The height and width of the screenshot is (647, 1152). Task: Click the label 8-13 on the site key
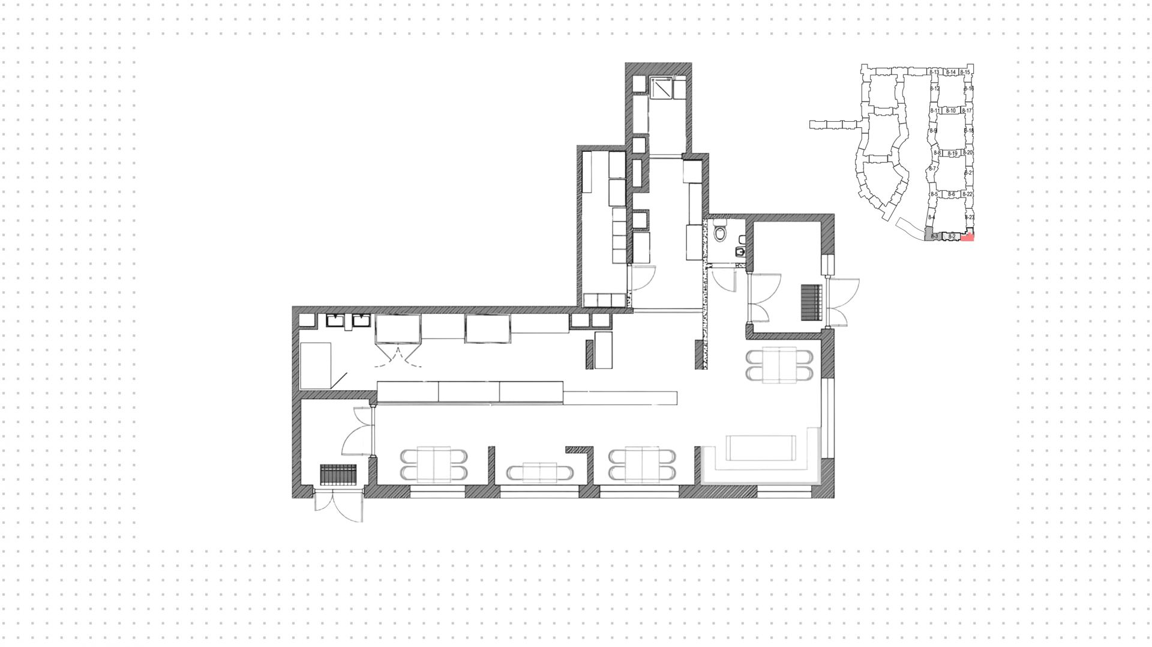click(x=934, y=73)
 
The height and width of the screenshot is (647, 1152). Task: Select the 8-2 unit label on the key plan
click(x=952, y=237)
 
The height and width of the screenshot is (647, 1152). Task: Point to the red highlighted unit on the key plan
click(x=967, y=238)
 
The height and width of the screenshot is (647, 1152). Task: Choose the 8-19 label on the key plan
click(x=952, y=154)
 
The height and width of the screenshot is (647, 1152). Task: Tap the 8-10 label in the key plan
click(x=950, y=111)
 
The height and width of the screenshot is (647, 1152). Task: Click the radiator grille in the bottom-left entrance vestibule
click(x=338, y=474)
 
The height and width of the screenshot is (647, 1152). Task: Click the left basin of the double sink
click(x=334, y=320)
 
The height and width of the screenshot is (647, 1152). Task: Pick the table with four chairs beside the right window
click(x=779, y=365)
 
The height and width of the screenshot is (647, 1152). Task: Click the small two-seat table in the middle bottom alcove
click(x=539, y=473)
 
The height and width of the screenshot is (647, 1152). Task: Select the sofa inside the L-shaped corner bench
click(x=761, y=447)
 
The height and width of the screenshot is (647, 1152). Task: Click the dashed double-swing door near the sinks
click(x=397, y=355)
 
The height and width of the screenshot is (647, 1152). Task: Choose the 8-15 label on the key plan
click(x=965, y=73)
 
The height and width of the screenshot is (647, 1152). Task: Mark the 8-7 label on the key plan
click(x=932, y=169)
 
